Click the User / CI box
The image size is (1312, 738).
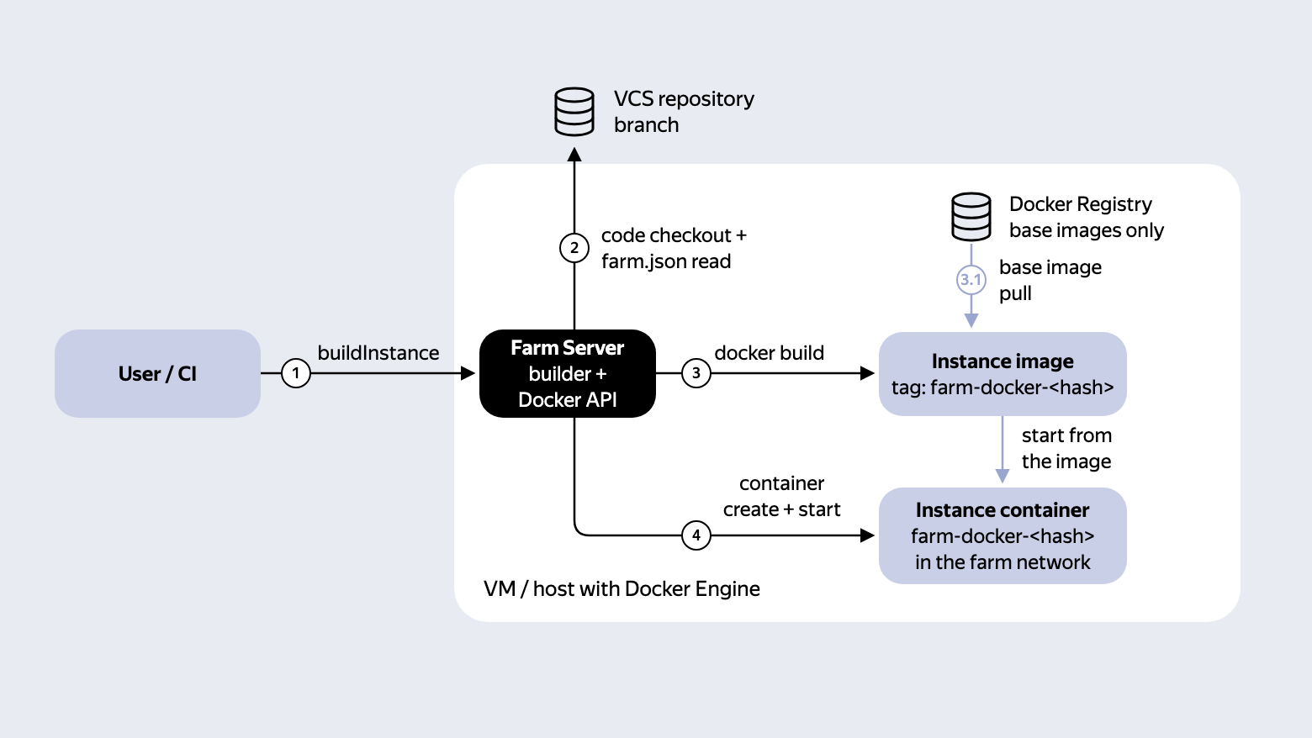click(157, 373)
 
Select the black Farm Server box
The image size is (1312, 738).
click(568, 373)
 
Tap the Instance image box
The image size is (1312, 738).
click(1003, 374)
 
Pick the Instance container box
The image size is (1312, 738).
click(1003, 535)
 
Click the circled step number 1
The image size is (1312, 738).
click(296, 373)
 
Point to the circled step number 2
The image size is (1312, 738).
click(574, 248)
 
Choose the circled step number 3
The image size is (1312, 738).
click(696, 373)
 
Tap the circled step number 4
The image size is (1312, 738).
click(696, 535)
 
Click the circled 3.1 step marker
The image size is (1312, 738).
click(971, 280)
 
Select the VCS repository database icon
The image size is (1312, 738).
click(574, 112)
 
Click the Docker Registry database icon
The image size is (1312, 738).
click(971, 217)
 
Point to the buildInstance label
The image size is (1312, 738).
click(378, 353)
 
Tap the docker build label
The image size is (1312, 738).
click(769, 353)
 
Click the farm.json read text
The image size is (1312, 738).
click(666, 261)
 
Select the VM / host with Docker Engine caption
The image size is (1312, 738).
click(622, 588)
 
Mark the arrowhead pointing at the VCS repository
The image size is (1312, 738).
click(574, 155)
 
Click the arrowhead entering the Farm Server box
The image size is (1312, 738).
click(468, 373)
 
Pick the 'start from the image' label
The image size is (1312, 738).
click(1066, 448)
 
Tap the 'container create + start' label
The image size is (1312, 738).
click(781, 496)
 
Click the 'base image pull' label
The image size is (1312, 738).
click(1050, 281)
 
